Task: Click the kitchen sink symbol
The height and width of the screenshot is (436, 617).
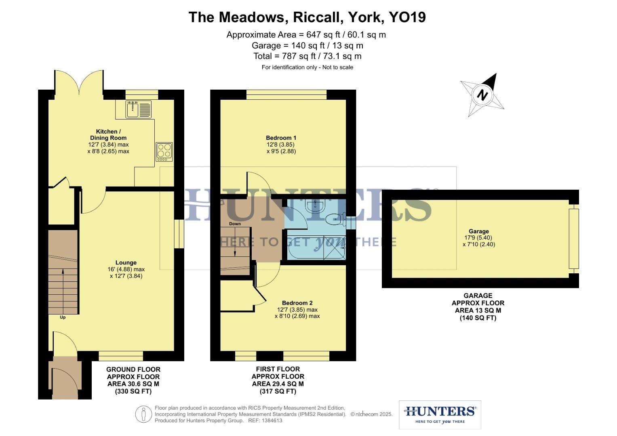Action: [x=139, y=109]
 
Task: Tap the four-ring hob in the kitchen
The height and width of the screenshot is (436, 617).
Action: [x=164, y=152]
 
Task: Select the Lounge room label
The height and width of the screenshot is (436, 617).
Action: [x=126, y=262]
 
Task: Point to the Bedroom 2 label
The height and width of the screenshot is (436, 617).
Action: [x=297, y=303]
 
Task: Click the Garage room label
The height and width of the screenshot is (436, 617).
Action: [x=479, y=231]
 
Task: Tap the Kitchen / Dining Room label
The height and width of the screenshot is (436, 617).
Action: [x=108, y=134]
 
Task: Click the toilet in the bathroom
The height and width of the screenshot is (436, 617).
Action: [x=335, y=219]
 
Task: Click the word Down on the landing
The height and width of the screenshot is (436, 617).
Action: [x=235, y=224]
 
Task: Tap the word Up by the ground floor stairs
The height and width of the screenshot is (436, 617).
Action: [x=63, y=317]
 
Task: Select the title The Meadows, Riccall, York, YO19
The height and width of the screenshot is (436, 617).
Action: [x=307, y=17]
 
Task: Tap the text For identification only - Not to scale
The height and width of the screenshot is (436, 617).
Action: [x=307, y=67]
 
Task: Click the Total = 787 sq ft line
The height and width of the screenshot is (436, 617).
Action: [x=307, y=56]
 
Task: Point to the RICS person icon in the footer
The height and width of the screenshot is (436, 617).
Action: [x=143, y=414]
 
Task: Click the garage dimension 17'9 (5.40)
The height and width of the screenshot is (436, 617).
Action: [x=478, y=238]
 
